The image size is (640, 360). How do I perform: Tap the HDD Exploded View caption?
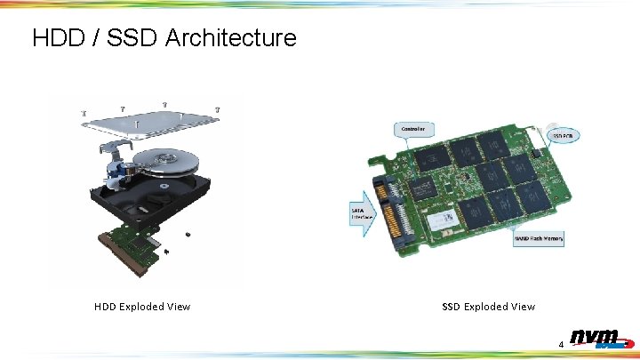(142, 307)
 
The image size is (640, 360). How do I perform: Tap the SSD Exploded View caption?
(489, 307)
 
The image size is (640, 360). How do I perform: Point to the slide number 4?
(561, 344)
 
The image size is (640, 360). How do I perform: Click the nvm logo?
(596, 339)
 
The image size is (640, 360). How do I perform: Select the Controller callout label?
(414, 129)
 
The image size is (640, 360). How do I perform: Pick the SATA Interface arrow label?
(361, 212)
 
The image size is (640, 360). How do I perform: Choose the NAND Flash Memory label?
(539, 238)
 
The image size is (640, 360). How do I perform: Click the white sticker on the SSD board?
(444, 217)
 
